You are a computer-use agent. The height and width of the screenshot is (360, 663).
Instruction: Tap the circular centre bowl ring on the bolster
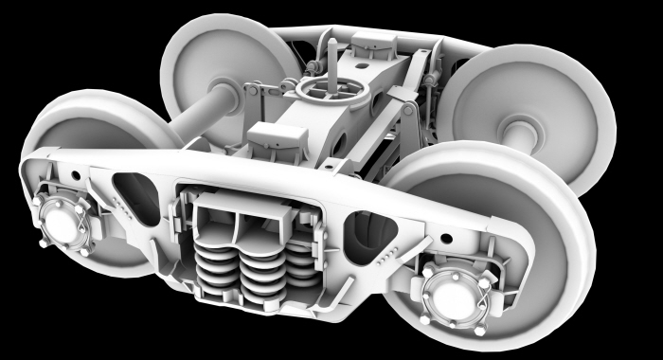point(329,89)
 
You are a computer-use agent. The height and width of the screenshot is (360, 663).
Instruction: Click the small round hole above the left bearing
point(70,177)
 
